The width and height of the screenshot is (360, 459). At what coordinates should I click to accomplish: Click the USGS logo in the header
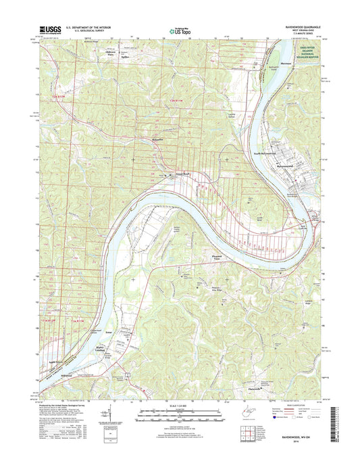51,29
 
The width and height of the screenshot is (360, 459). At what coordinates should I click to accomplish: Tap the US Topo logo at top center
180,30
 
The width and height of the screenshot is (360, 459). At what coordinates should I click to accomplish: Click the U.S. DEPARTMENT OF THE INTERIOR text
88,26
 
